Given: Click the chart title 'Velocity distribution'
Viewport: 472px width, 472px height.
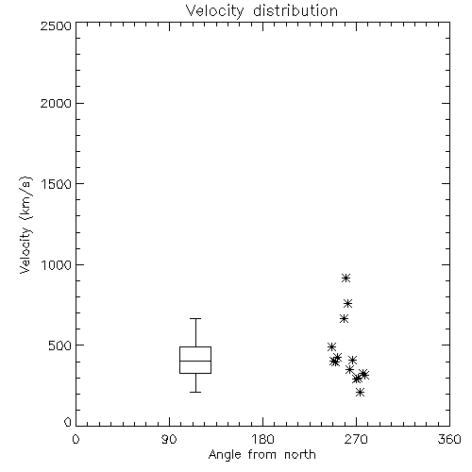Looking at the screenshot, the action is coord(261,11).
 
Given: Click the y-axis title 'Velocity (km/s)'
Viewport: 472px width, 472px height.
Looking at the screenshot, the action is coord(25,225).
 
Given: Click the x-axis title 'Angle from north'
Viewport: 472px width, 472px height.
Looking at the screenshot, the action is coord(261,455).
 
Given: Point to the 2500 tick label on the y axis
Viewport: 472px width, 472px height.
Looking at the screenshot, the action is coord(56,25).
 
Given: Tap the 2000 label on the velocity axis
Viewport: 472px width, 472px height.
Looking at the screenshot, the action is coord(56,103).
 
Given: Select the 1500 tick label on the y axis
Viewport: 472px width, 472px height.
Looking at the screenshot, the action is coord(57,184).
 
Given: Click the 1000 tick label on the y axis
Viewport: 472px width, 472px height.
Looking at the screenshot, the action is coord(57,265).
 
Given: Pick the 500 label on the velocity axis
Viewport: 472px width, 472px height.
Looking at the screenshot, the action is coord(60,346).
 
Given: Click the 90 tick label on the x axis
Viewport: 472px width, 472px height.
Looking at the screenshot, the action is coord(169,439).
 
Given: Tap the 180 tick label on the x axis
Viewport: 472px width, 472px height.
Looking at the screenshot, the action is coord(262,439).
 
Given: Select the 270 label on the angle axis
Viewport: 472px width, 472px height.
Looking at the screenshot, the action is coord(356,439).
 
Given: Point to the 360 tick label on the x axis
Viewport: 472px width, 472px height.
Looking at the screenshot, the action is coord(449,439).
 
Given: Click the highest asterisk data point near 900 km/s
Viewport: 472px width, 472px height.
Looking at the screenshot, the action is coord(346,278).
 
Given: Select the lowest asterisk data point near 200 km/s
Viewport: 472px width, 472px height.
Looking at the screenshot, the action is coord(361,393).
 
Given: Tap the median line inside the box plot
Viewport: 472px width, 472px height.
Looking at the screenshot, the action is coord(195,361).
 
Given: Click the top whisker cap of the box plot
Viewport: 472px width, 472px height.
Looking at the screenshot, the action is coord(195,318).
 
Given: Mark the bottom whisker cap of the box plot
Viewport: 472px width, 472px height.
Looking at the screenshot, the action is coord(195,392).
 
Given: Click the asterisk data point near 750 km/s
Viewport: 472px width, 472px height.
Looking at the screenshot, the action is coord(348,304).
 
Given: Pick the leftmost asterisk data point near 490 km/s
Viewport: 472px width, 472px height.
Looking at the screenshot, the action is coord(331,347).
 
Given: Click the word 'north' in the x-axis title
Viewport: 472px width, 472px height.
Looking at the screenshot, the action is coord(300,455).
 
